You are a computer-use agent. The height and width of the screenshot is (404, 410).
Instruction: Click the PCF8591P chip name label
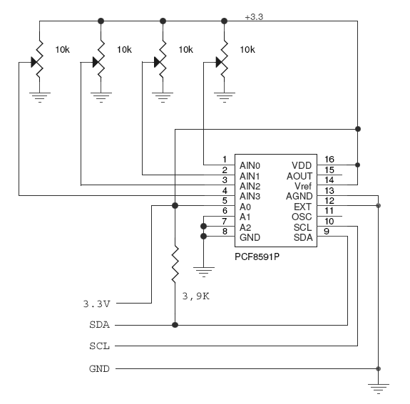coord(257,257)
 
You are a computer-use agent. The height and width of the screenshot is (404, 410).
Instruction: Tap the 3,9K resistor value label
coord(195,296)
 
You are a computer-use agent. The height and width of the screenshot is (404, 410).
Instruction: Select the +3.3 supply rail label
coord(254,17)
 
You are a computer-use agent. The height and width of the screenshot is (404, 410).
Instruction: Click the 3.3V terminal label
coord(97,304)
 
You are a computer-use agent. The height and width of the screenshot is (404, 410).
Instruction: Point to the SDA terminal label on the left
coord(99,325)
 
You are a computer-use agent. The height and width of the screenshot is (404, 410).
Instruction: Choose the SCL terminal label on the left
coord(99,346)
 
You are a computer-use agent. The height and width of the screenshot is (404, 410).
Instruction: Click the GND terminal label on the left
coord(99,368)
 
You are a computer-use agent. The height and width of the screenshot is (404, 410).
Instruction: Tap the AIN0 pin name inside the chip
coord(250,166)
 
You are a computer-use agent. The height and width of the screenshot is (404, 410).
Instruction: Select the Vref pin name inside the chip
coord(303,186)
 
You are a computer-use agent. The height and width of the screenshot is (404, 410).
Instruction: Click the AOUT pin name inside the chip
coord(299,176)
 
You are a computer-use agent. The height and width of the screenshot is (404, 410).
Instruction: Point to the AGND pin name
coord(299,196)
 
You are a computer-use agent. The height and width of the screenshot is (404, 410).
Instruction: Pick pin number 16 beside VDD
coord(329,159)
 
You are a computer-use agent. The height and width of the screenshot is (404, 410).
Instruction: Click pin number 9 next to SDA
coord(327,232)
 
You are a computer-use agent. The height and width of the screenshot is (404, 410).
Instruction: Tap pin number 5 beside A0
coord(225,201)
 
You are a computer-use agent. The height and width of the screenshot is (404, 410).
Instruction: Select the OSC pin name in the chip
coord(302,217)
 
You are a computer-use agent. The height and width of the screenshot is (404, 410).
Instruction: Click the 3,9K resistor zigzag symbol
coord(175,264)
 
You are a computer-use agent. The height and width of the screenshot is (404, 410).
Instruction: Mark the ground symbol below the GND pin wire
coord(204,271)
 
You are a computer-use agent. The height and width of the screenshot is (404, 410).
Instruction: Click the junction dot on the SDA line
coord(175,325)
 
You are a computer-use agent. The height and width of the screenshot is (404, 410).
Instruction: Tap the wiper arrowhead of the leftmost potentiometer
coord(35,62)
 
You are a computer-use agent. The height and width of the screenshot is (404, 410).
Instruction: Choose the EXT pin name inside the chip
coord(303,207)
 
